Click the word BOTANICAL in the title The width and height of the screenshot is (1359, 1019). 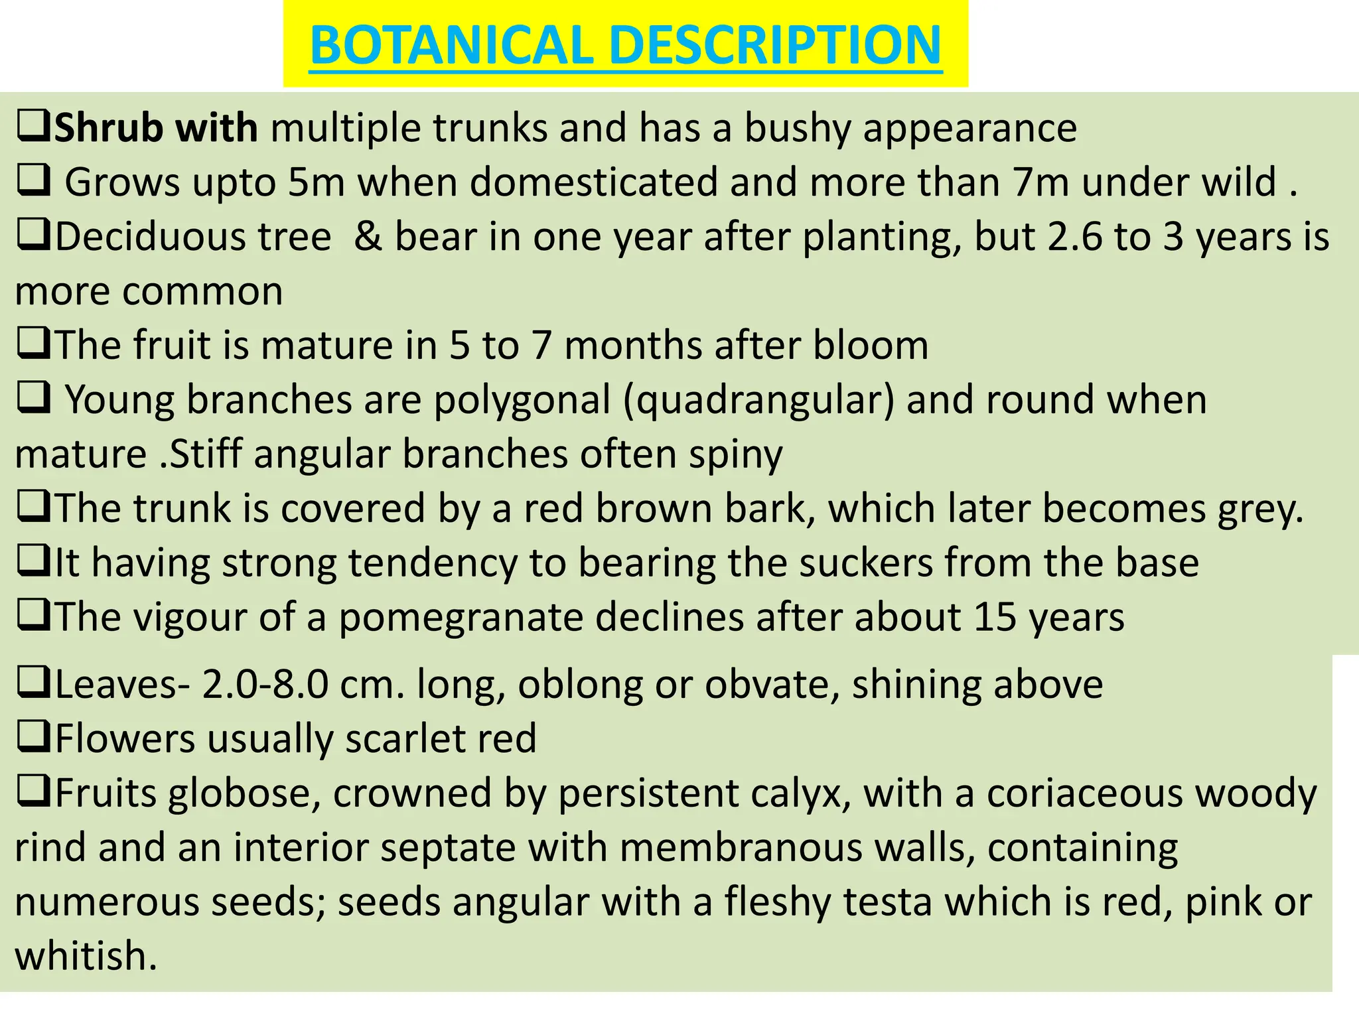click(x=451, y=45)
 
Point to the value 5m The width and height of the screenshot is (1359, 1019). click(x=316, y=182)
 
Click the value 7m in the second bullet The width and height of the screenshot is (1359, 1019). click(x=1040, y=182)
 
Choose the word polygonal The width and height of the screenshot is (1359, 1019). click(x=522, y=400)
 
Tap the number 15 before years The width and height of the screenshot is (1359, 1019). click(x=995, y=618)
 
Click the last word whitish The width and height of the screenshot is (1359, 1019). click(x=86, y=956)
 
